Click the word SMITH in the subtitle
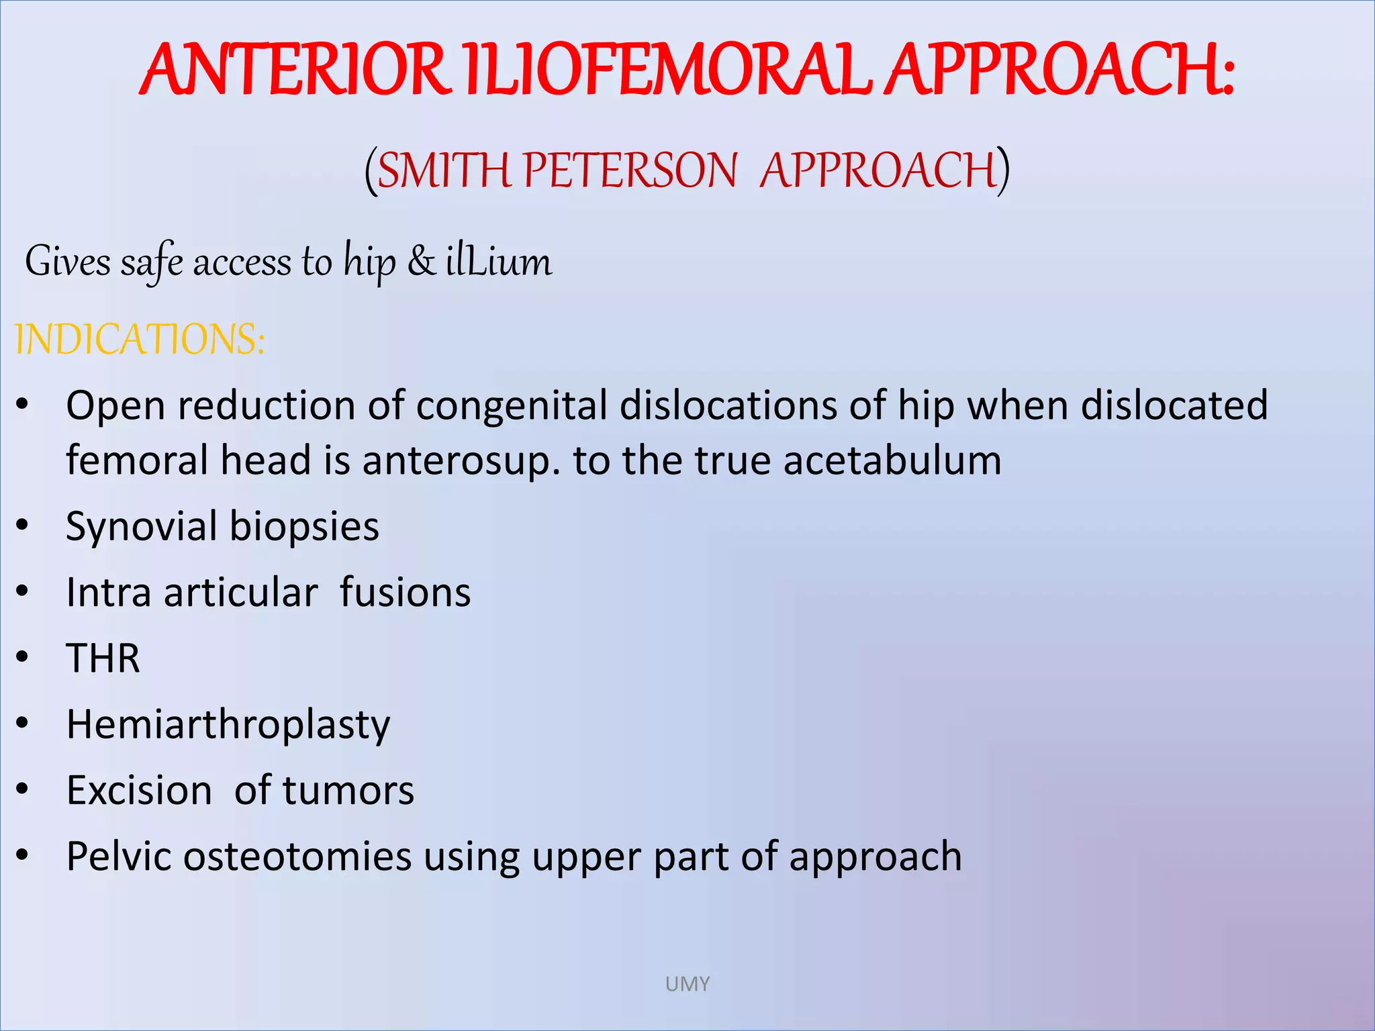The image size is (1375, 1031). (444, 170)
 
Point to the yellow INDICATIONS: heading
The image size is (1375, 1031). (140, 340)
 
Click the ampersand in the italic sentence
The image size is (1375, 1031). (421, 262)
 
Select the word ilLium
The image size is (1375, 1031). (499, 262)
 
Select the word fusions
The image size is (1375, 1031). (405, 593)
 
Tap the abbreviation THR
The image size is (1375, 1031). (103, 658)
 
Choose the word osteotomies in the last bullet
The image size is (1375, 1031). (297, 857)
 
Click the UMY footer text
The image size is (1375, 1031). (687, 984)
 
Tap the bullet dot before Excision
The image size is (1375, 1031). (23, 789)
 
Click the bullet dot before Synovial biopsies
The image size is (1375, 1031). (23, 526)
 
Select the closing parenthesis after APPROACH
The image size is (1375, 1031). (1002, 170)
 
